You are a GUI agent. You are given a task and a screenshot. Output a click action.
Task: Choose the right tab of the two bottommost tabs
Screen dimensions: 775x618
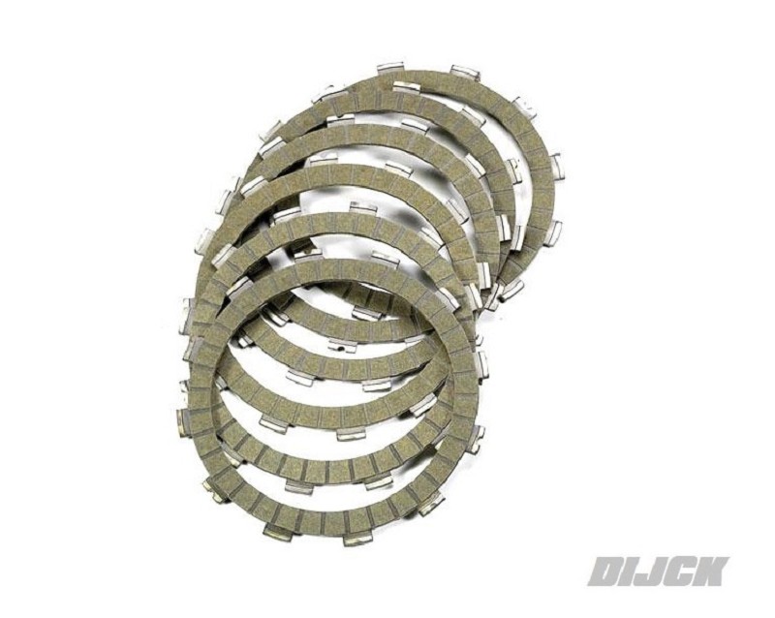pos(356,539)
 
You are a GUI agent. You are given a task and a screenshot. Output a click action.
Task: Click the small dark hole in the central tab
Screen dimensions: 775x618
pos(342,352)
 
